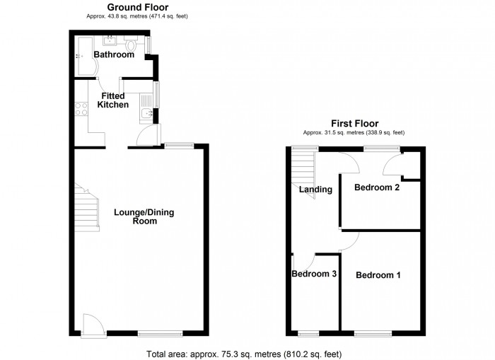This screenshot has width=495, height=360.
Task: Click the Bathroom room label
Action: pos(115,55)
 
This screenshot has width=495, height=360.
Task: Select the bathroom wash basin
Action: pos(111,40)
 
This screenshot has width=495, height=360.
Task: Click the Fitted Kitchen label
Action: pos(113,100)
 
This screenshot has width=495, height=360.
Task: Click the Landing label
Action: pos(315,189)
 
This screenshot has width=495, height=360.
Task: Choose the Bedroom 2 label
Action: pos(377,188)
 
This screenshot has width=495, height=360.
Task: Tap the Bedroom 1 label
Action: pos(378,275)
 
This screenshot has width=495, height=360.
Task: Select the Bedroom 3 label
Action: pos(313,274)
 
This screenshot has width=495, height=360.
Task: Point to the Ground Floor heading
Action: pos(132,7)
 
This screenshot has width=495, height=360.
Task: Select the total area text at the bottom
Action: pos(248,353)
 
